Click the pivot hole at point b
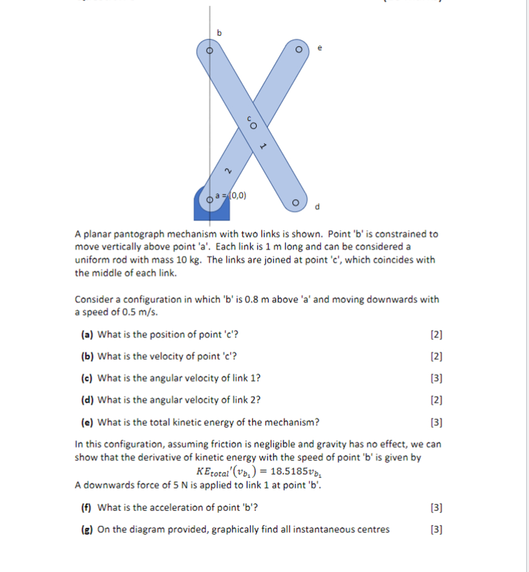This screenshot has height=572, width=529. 209,50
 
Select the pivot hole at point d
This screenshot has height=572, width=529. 296,203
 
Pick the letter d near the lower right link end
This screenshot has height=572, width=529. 317,207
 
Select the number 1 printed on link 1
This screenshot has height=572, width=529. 263,146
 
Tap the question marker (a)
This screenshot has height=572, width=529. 86,334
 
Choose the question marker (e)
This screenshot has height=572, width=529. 86,422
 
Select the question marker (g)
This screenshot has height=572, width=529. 86,530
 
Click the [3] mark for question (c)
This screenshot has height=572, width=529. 437,378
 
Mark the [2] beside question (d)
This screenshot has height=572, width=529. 437,400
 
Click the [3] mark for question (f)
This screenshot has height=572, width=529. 437,508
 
